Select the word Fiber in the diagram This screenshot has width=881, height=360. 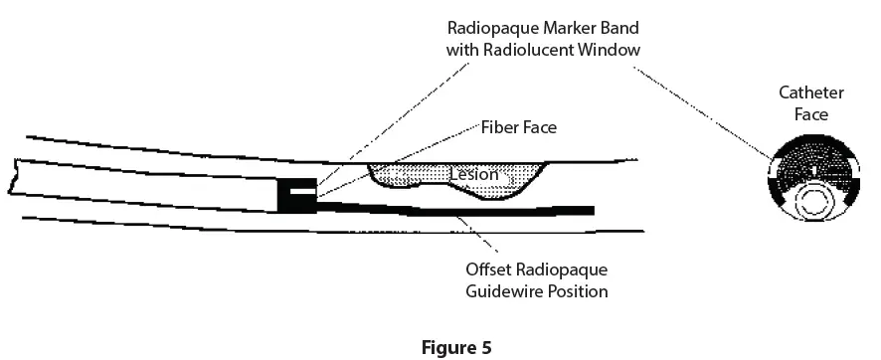point(500,127)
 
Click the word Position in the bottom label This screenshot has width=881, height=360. point(576,291)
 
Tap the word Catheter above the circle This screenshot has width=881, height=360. point(811,92)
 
